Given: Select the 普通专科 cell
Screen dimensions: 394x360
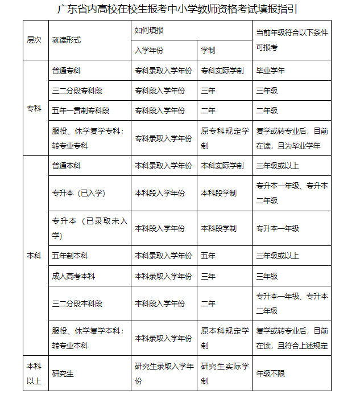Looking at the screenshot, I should [66, 71].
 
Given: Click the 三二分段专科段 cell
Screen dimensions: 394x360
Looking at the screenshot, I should [77, 90].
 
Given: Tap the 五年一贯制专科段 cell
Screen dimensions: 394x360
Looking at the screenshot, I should [80, 110].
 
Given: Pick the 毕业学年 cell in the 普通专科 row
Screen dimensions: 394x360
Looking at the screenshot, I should [270, 71].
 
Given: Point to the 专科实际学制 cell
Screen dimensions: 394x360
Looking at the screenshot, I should [222, 71].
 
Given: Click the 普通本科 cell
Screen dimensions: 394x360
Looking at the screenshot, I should [66, 166].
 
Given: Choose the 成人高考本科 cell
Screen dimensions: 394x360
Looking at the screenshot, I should [73, 276].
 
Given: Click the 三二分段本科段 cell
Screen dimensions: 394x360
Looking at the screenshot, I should [77, 303].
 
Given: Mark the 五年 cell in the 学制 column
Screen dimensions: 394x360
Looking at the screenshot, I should [208, 256].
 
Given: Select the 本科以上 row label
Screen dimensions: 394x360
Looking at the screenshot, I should [34, 374].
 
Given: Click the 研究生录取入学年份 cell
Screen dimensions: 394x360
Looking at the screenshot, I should [163, 374].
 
